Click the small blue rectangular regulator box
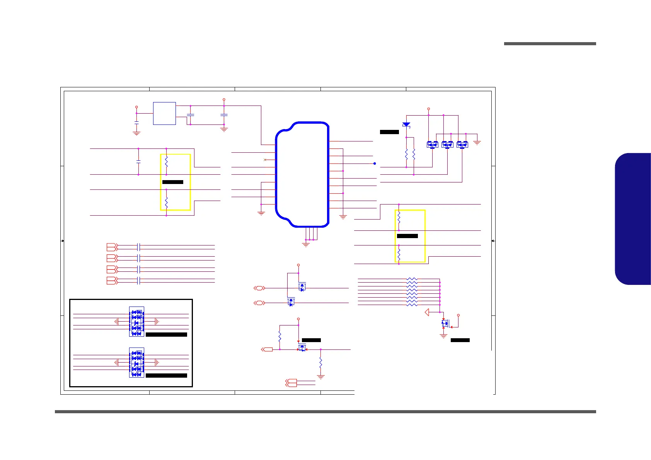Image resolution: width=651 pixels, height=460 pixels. coord(164,113)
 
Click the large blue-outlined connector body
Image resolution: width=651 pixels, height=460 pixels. coord(302,174)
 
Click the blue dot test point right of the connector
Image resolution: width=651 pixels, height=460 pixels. coord(375,164)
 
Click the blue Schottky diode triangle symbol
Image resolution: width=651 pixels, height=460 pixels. coord(406,125)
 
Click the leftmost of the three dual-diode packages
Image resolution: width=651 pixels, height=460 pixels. coord(432,145)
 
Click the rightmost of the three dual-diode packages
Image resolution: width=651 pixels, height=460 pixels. coord(462,145)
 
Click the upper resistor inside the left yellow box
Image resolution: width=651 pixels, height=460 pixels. coord(166,161)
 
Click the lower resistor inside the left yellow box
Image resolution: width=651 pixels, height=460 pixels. coord(166,202)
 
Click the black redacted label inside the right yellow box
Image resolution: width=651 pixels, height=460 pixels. coord(407,236)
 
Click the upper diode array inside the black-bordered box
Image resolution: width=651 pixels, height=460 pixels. coord(136,322)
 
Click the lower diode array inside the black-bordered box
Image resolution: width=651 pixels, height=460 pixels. coord(136,363)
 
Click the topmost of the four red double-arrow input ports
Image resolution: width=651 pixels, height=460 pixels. coord(112,247)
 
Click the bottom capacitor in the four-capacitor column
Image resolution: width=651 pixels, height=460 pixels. coord(139,281)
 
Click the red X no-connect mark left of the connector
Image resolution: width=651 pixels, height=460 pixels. coord(265,160)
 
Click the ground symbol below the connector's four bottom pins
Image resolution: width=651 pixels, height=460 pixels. coord(306,244)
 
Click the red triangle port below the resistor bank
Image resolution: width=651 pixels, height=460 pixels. coord(427,312)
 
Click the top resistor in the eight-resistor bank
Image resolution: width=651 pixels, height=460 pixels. coord(412,279)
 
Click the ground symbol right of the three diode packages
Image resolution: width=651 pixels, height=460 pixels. coord(477,143)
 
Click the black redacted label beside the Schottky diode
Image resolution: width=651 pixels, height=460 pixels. coord(389,132)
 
